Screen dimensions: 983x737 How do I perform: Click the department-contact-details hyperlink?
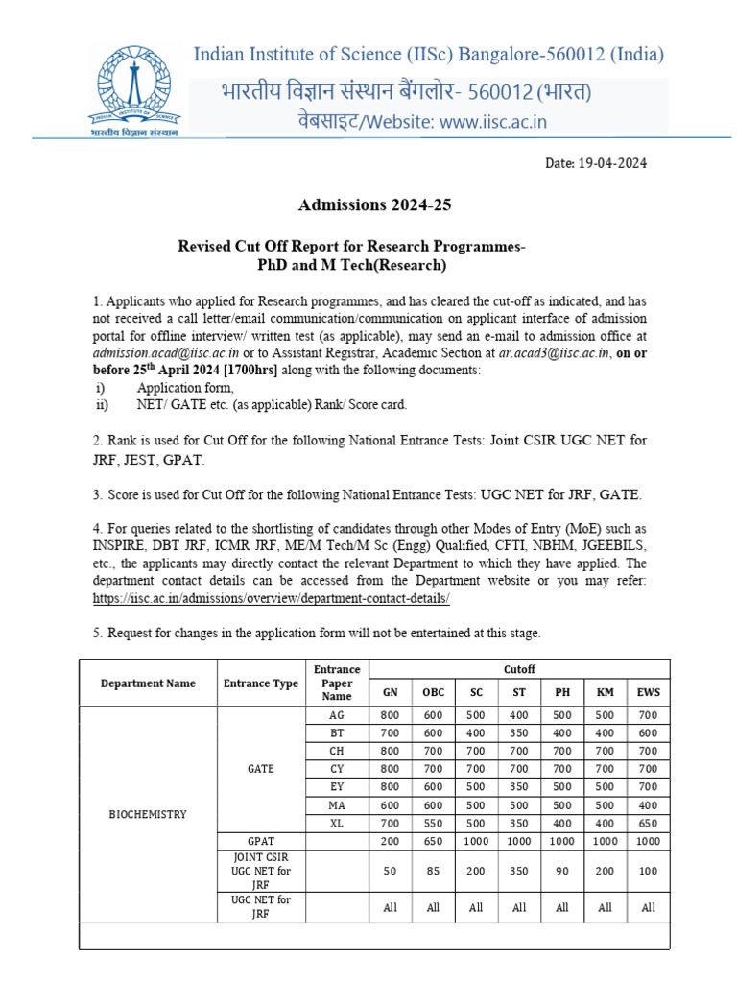[x=272, y=597]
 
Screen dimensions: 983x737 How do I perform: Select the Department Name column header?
[x=148, y=683]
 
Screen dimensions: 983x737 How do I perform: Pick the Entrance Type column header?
[x=260, y=683]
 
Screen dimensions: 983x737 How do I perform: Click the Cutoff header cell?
[x=519, y=669]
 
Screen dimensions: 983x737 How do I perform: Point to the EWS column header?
[x=649, y=693]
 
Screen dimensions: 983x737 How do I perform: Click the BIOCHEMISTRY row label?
[x=148, y=814]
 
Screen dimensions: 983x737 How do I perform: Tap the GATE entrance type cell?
[x=260, y=769]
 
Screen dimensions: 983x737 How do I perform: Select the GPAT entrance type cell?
[x=260, y=840]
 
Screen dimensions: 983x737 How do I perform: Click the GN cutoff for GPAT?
[x=391, y=840]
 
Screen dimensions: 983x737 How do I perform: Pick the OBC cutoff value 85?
[x=433, y=872]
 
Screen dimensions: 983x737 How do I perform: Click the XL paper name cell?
[x=337, y=823]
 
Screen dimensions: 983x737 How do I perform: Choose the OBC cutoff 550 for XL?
[x=433, y=823]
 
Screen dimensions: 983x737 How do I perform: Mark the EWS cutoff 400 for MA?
[x=649, y=804]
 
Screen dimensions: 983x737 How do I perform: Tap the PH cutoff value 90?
[x=562, y=872]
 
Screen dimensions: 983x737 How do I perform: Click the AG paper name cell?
[x=337, y=715]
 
